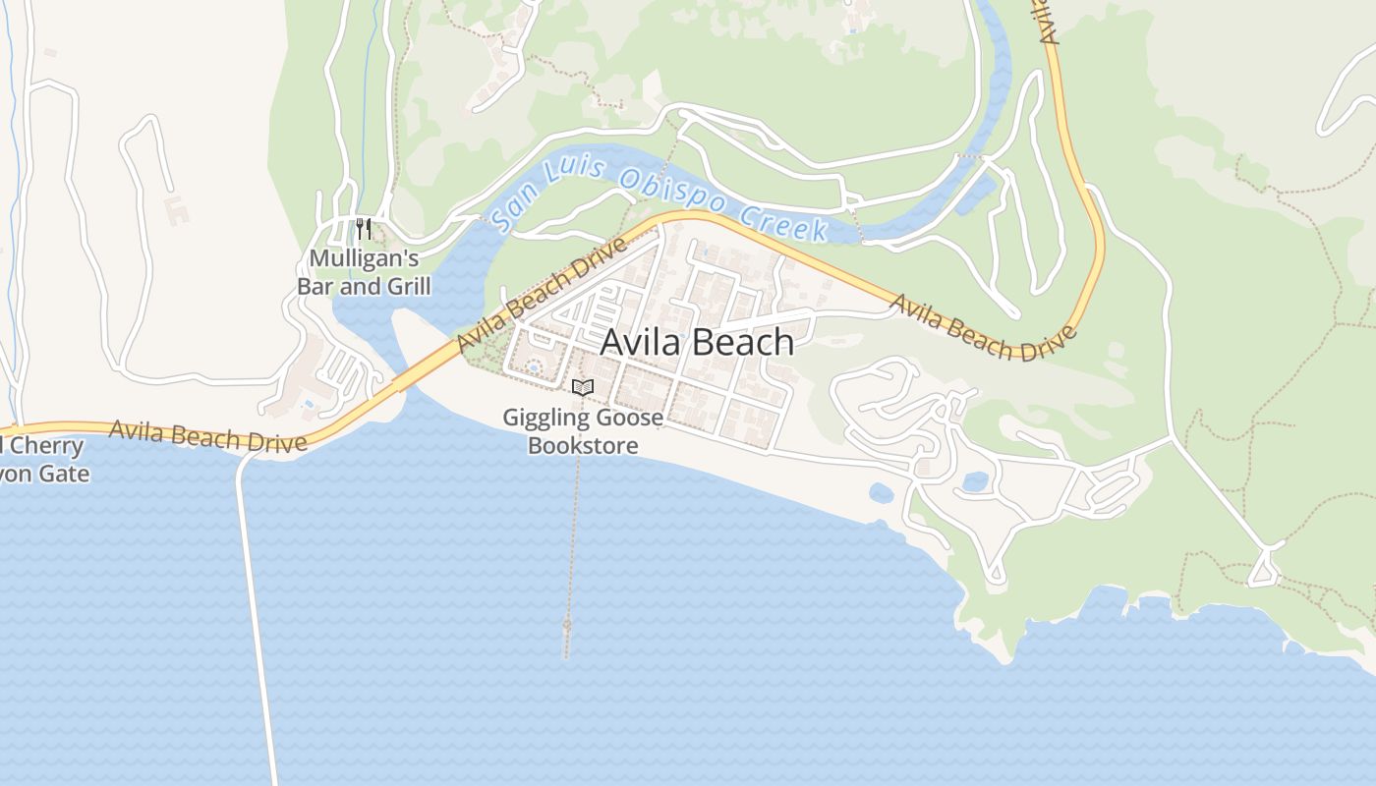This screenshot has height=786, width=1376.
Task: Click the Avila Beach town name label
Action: (697, 342)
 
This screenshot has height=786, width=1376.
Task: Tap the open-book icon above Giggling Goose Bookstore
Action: (583, 388)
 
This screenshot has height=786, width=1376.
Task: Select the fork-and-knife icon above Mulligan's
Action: (363, 230)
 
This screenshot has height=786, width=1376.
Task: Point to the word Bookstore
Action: (583, 445)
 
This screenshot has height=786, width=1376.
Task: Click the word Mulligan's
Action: (364, 259)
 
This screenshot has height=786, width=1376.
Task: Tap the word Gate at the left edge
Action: (66, 474)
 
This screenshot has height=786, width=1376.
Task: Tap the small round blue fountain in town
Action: (534, 368)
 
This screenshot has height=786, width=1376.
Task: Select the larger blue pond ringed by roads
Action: (975, 481)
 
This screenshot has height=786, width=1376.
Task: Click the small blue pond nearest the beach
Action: (881, 491)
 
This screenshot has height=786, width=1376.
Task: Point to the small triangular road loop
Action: (1264, 571)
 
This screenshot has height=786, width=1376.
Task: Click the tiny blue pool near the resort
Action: (311, 403)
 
